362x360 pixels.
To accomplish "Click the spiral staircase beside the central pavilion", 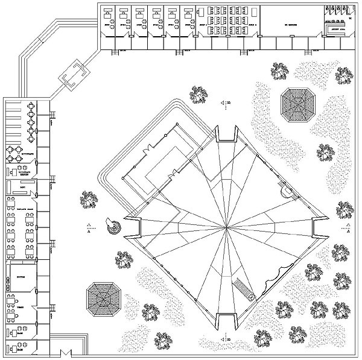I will tap(113, 226).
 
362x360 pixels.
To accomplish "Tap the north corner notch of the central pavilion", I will tap(226, 134).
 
